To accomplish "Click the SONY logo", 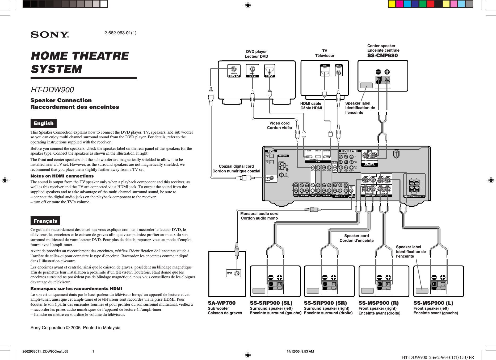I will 50,35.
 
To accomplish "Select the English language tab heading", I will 43,123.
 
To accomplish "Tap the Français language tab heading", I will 45,221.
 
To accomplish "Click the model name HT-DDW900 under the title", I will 52,90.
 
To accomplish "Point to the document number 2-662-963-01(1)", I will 120,33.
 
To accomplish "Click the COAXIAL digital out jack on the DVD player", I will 234,69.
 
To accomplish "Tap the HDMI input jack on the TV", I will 325,72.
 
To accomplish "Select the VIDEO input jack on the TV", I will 339,72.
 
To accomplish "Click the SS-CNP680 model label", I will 382,56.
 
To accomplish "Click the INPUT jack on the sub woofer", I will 237,273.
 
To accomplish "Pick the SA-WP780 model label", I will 221,303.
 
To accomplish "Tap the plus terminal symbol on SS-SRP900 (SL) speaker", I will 279,277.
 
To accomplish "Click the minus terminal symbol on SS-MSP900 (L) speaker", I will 434,277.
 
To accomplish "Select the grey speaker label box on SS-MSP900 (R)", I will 367,291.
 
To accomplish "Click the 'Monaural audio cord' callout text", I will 259,213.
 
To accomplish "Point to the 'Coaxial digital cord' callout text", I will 236,166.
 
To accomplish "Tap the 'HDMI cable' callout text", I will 310,104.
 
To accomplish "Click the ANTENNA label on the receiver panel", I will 283,156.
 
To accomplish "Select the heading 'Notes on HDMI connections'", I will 62,176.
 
